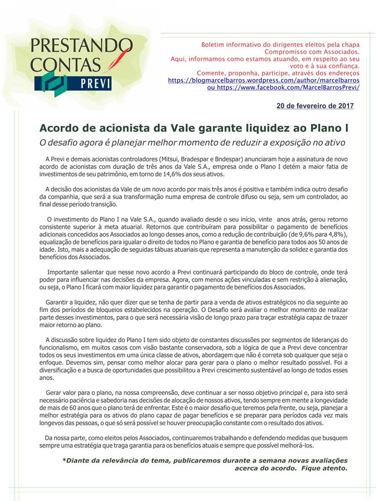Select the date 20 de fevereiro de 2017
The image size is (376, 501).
coord(315,106)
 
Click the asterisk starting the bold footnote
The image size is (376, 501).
coord(65,460)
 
